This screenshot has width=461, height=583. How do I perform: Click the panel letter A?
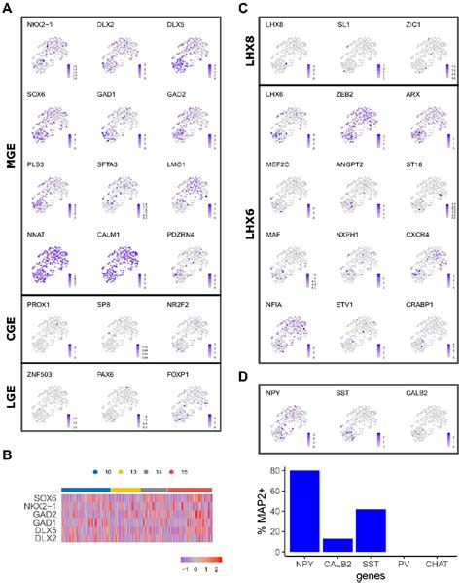(x=6, y=8)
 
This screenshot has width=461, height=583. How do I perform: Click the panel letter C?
(x=239, y=8)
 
